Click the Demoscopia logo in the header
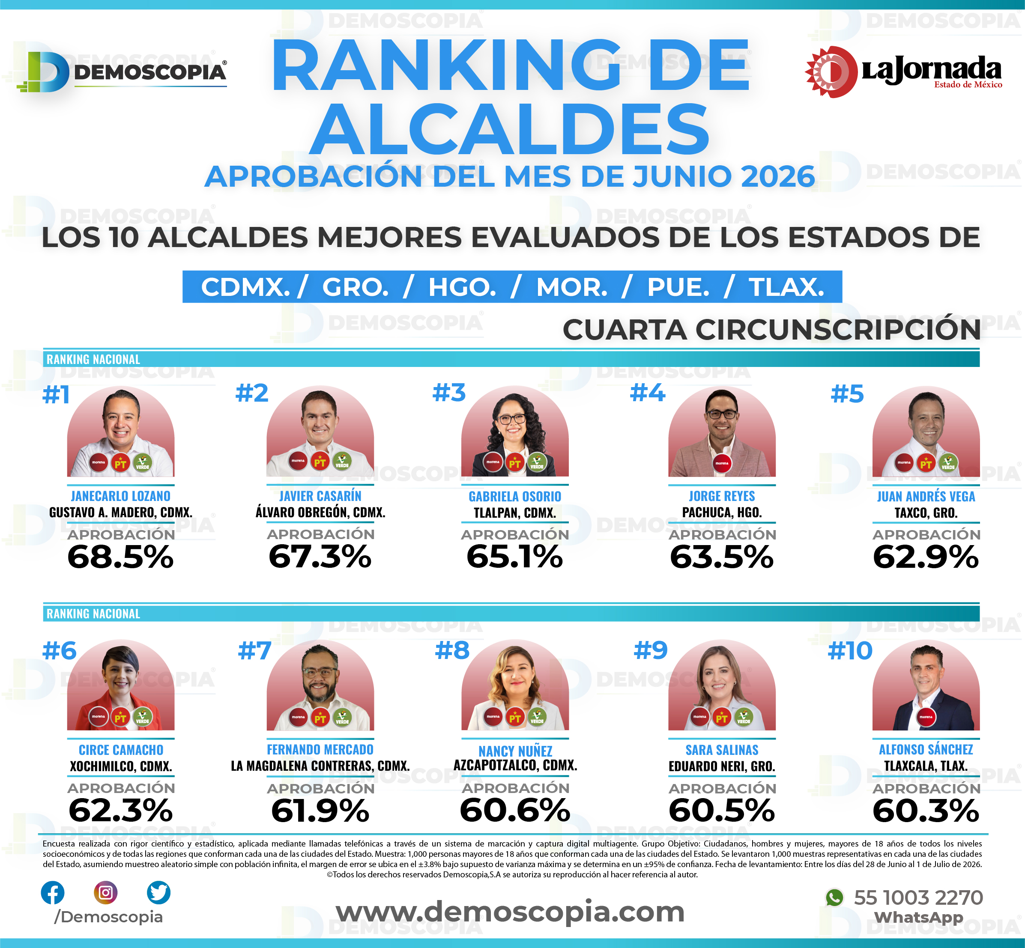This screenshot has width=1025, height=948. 122,72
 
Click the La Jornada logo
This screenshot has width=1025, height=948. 903,72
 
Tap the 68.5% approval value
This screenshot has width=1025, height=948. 121,557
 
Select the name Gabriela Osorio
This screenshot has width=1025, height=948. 515,496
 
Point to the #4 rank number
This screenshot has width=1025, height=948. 647,393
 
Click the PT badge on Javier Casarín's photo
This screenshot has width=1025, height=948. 320,462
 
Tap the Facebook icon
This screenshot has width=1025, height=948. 52,893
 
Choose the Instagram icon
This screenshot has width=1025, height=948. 106,893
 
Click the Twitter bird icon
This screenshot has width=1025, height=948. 158,893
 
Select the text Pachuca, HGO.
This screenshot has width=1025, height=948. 722,513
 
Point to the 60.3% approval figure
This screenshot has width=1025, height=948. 926,811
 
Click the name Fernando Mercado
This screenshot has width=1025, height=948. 320,749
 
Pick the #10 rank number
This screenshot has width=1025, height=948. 850,650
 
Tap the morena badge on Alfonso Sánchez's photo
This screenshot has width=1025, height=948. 926,717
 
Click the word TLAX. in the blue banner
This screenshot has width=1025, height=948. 786,287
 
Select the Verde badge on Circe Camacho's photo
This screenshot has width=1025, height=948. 142,717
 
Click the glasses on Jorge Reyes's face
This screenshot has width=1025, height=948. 722,414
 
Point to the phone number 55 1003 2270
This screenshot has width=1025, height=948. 918,898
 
